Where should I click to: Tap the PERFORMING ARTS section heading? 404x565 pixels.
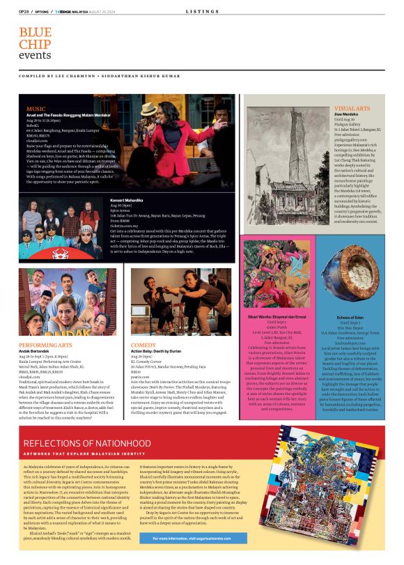click(45, 345)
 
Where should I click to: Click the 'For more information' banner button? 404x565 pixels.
click(194, 539)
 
